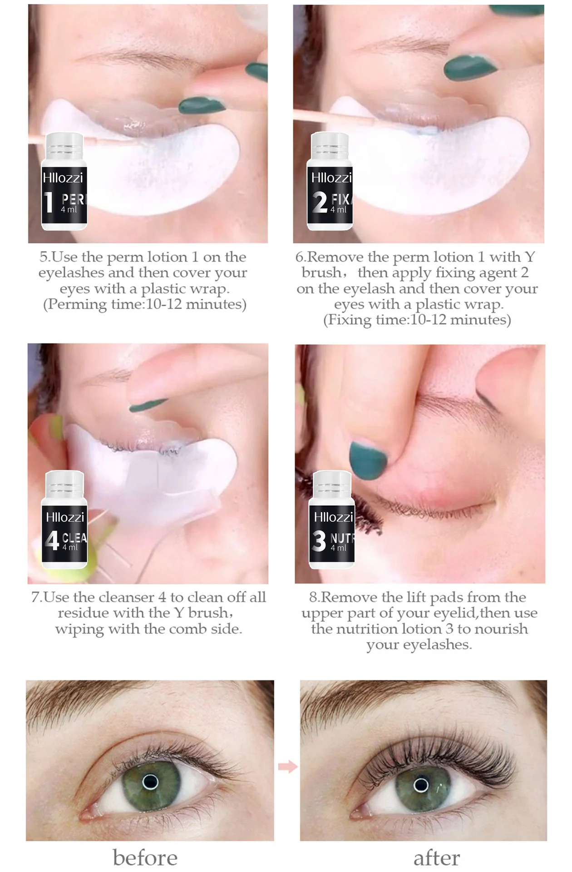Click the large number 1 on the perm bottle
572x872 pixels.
point(49,202)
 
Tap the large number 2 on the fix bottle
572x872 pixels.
point(320,202)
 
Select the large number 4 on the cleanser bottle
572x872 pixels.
point(52,540)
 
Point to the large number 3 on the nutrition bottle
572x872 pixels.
point(319,541)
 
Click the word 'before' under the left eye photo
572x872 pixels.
point(145,858)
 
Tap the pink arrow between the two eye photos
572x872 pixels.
point(288,767)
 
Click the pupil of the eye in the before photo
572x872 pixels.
point(150,782)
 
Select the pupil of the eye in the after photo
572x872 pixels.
point(421,785)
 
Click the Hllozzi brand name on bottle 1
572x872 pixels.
point(63,178)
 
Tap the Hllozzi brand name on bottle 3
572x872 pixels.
point(334,517)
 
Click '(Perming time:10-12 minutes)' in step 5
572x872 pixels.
point(145,304)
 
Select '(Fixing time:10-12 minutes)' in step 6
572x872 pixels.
point(417,320)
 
